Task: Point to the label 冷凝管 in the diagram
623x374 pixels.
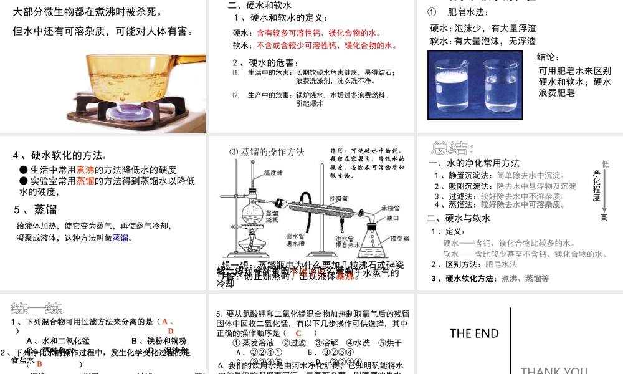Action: pyautogui.click(x=337, y=198)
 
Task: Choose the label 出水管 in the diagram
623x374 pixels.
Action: pyautogui.click(x=295, y=236)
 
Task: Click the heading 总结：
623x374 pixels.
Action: pyautogui.click(x=453, y=148)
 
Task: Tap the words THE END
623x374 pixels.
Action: pyautogui.click(x=474, y=333)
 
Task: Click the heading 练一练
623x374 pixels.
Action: pyautogui.click(x=36, y=308)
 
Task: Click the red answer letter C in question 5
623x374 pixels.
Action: pyautogui.click(x=298, y=333)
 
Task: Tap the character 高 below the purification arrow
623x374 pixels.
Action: pyautogui.click(x=604, y=218)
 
